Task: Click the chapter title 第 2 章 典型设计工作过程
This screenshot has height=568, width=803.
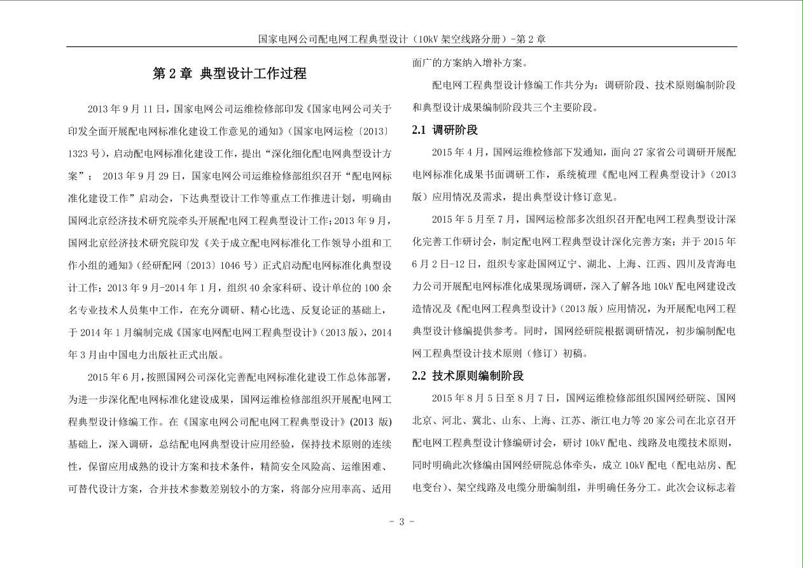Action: [x=230, y=74]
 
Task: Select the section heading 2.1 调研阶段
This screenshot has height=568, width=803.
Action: [x=445, y=130]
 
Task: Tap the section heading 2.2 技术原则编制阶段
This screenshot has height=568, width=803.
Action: [x=468, y=376]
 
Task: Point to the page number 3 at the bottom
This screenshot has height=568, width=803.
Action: [x=401, y=522]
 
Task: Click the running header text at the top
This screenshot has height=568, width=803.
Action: [x=401, y=39]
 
